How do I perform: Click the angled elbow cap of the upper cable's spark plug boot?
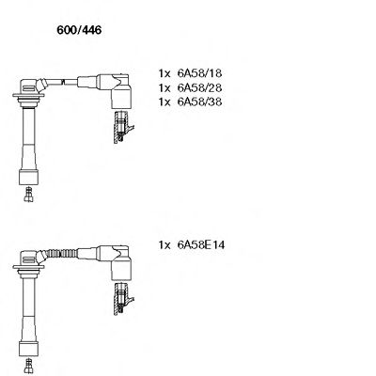34,86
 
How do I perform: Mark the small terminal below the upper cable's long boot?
29,198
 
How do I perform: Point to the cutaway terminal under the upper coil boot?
119,127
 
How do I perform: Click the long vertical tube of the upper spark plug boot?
30,141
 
